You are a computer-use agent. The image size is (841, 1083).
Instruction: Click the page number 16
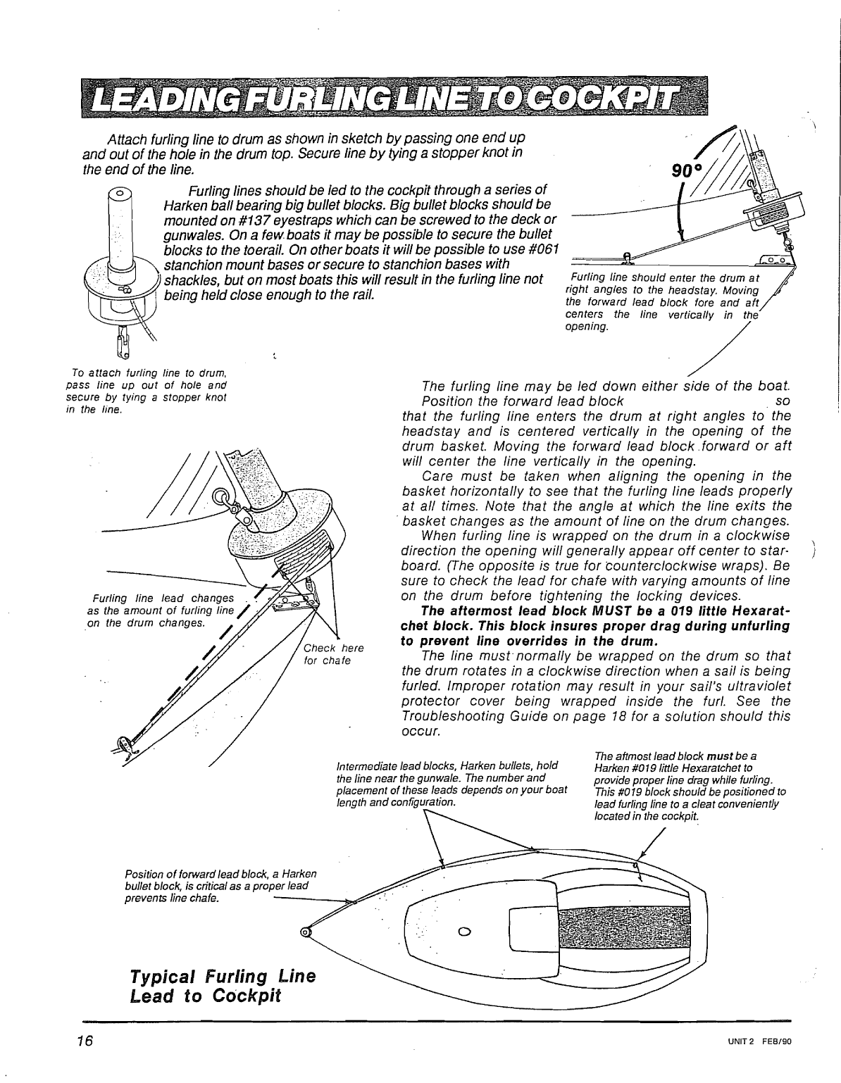coord(87,1040)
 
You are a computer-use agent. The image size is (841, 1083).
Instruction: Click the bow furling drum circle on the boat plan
coord(305,933)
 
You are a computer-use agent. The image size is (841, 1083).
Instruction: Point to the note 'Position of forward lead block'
coord(220,886)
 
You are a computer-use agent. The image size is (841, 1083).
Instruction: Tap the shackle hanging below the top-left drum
coord(120,346)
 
